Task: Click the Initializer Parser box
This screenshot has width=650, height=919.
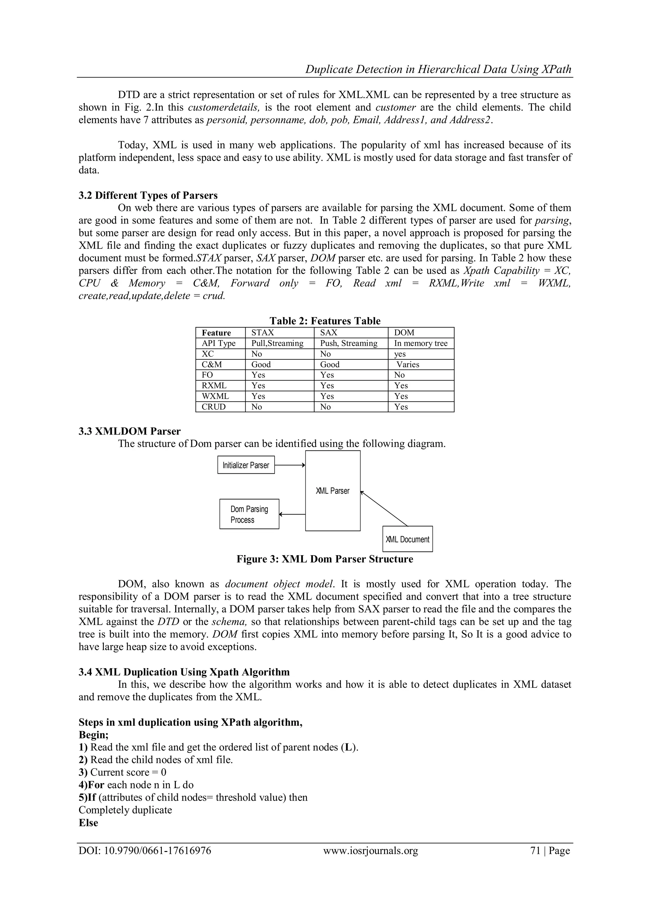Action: [246, 465]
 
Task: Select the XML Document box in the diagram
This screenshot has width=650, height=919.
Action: [408, 539]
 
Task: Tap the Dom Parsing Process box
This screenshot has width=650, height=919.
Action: [249, 514]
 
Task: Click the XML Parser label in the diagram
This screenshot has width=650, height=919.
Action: [333, 491]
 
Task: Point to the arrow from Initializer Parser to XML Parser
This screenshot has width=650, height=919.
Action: [290, 465]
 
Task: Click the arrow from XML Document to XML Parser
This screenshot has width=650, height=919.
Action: [384, 509]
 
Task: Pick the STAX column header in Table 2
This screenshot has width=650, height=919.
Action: [262, 333]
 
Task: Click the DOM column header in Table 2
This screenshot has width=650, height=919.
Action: [404, 333]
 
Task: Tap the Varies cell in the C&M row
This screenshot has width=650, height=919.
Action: [408, 364]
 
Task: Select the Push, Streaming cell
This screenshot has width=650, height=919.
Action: [348, 343]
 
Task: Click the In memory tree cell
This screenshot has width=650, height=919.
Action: [421, 343]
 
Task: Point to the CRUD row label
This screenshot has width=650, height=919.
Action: [214, 407]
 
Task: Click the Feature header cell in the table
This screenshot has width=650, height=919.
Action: [216, 333]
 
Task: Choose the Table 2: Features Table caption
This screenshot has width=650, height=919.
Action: [325, 321]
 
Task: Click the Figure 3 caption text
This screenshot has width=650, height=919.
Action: [325, 559]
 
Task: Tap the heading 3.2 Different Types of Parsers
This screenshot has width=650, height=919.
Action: [148, 195]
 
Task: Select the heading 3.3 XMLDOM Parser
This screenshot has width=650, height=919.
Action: [130, 431]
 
